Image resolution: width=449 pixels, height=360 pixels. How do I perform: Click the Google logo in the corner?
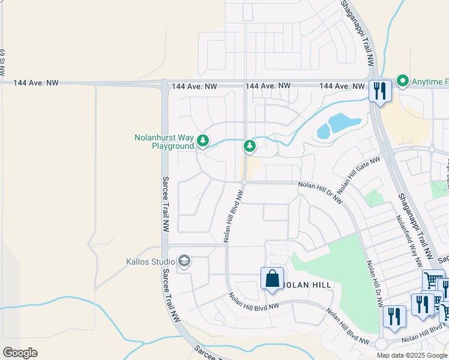coord(20,353)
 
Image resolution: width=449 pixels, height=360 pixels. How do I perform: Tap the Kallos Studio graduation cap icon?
coord(185,261)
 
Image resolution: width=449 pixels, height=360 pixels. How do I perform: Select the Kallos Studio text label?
coord(150,262)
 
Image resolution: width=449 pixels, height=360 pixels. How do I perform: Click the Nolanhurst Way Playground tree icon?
coord(203,141)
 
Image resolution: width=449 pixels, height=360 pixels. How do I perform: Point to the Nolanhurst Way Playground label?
coord(164,142)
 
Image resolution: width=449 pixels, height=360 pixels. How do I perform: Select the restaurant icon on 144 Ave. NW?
coord(379,91)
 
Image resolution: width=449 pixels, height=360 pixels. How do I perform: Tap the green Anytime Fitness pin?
coord(402,81)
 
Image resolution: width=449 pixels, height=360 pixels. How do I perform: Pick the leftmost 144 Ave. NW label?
coord(36,83)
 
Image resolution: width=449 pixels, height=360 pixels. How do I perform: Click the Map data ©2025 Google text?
coord(412,355)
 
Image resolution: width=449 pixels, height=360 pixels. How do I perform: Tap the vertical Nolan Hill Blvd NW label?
coord(234,217)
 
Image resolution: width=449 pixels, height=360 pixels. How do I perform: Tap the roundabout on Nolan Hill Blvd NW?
coord(381,344)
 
